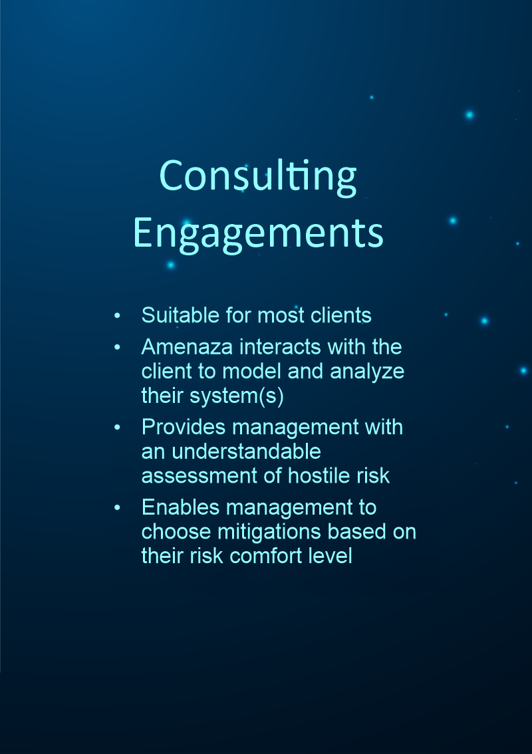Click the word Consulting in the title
point(258,176)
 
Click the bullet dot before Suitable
point(118,316)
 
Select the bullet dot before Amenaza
point(118,348)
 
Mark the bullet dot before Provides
point(118,428)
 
